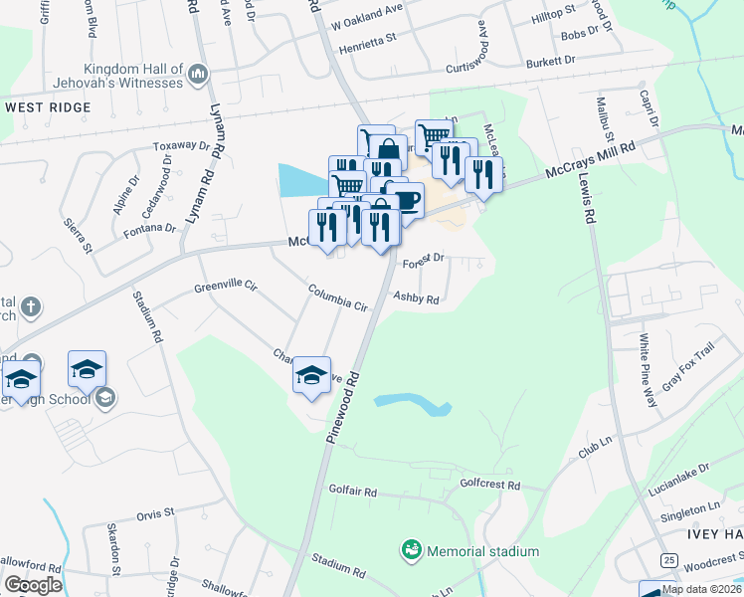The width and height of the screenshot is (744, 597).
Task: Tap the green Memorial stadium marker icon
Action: pos(410,549)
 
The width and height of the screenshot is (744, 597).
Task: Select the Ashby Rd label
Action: pos(416,297)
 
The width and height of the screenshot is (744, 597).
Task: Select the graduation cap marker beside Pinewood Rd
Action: pos(311,375)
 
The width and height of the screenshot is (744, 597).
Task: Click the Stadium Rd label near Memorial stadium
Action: pos(332,561)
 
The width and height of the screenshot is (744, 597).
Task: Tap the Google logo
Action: pos(34,585)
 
